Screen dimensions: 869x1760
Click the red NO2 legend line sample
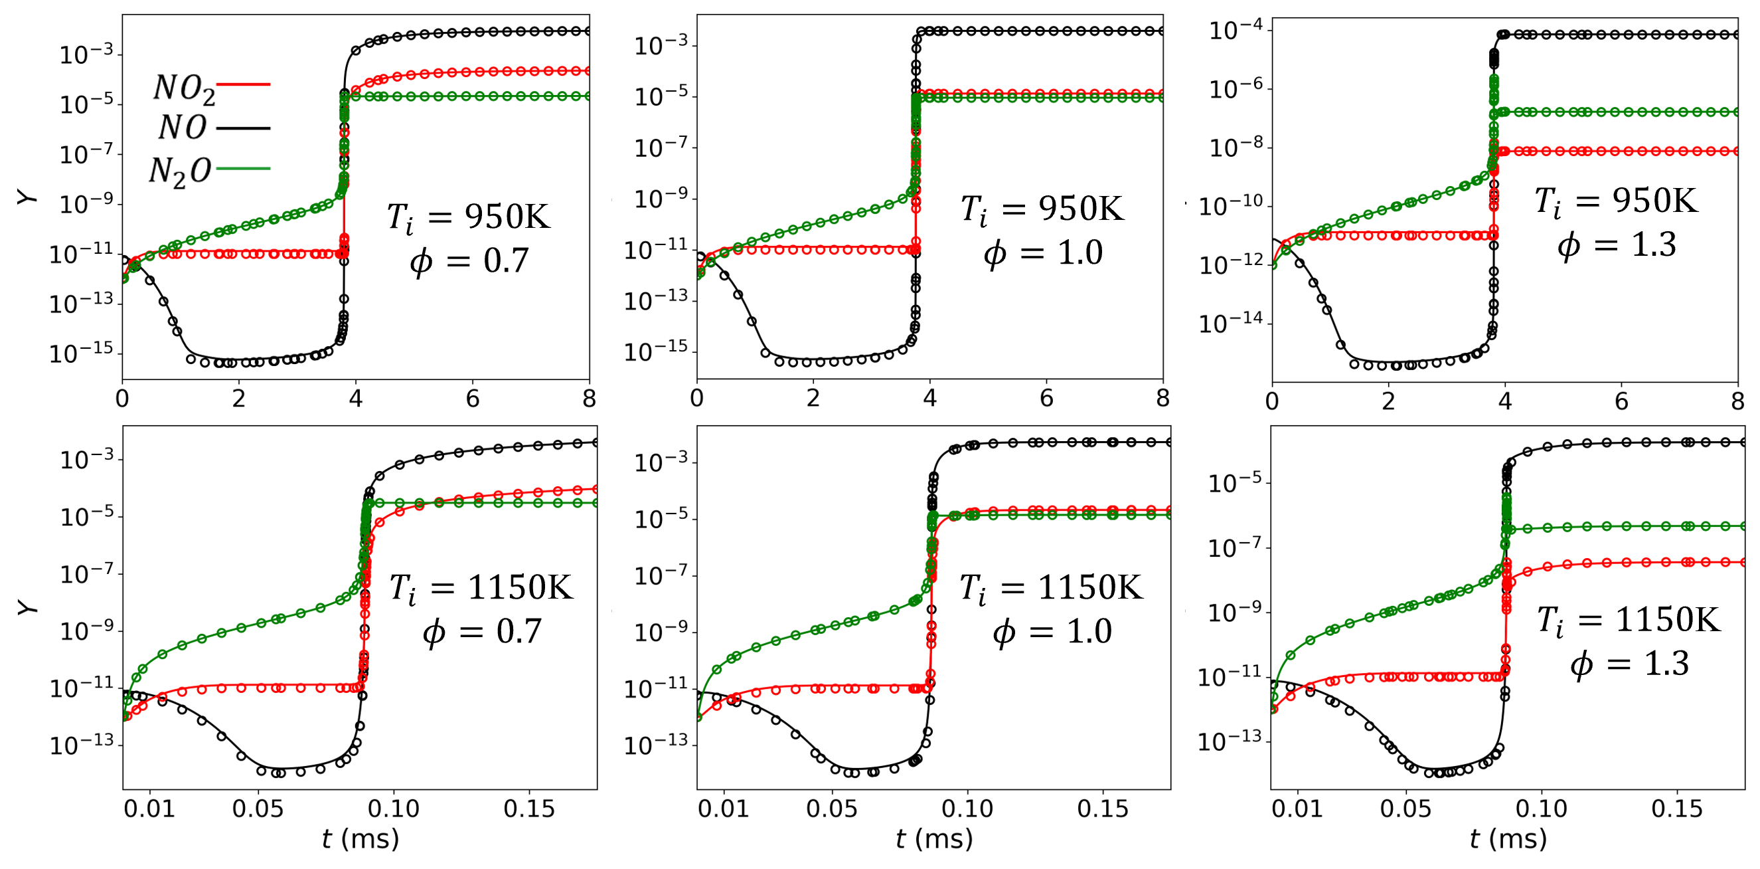click(243, 84)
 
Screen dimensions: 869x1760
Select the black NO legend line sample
click(243, 127)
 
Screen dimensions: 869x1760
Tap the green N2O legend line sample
click(243, 168)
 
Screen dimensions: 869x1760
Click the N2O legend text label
click(180, 171)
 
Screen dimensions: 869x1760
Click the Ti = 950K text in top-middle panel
click(1042, 209)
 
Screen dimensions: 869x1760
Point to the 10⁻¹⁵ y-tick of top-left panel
click(81, 353)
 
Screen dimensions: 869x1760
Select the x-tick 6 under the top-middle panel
click(1046, 399)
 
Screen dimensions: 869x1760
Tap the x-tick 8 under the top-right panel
click(1737, 401)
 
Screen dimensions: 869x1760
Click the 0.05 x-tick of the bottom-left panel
click(258, 809)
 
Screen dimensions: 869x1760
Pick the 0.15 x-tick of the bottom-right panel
click(1676, 809)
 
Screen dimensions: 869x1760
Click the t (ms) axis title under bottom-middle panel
click(934, 839)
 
